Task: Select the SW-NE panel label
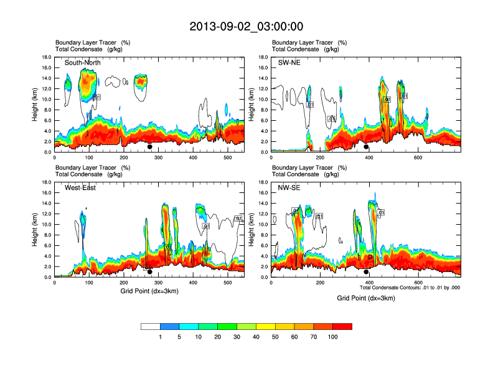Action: click(x=289, y=62)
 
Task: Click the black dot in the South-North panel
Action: click(x=150, y=147)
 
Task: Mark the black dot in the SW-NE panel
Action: click(x=367, y=147)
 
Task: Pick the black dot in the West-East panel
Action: click(x=150, y=272)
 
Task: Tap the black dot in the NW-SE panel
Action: click(x=367, y=272)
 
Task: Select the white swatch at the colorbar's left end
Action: click(x=151, y=326)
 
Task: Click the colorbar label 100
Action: click(x=333, y=337)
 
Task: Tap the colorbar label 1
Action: click(x=161, y=337)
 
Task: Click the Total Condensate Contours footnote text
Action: click(x=410, y=288)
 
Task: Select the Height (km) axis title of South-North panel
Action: click(x=36, y=105)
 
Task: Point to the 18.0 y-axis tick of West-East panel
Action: click(x=46, y=182)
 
